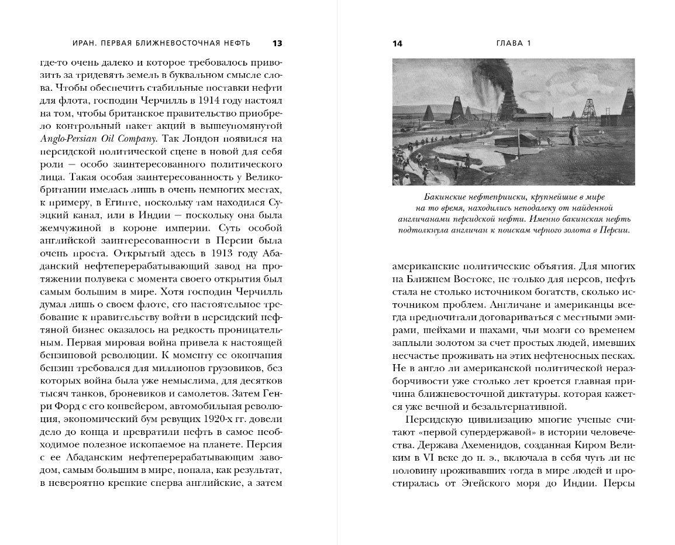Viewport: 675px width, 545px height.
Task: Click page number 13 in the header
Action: [x=277, y=43]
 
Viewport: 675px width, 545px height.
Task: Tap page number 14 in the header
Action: [x=398, y=43]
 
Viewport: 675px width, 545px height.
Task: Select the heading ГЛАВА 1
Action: [x=513, y=43]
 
